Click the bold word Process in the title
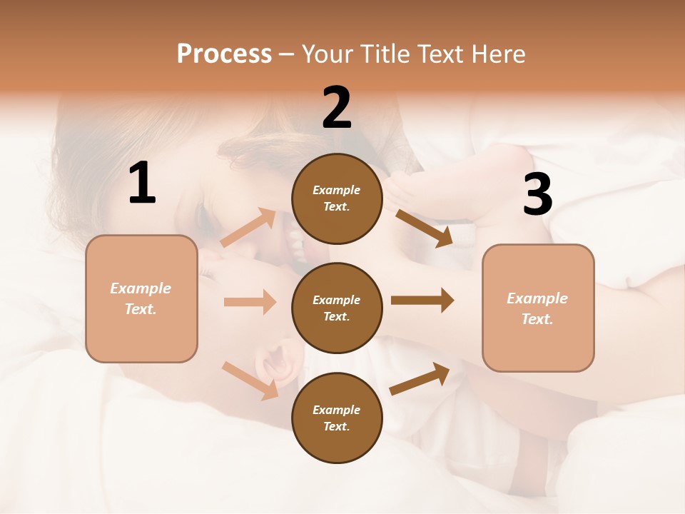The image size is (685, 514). click(x=224, y=54)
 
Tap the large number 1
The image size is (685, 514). click(x=142, y=183)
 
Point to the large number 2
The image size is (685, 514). click(x=337, y=108)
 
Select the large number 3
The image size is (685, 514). click(x=538, y=195)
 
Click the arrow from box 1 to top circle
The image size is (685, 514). click(x=248, y=228)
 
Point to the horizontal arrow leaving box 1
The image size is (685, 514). click(x=249, y=302)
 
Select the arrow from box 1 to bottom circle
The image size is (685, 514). click(x=250, y=380)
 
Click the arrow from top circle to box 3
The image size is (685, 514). click(x=424, y=228)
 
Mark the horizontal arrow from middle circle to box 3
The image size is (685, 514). click(x=422, y=301)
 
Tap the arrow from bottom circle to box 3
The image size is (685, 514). click(x=420, y=379)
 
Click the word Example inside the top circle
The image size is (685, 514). click(x=337, y=190)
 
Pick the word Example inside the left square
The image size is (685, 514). click(x=141, y=288)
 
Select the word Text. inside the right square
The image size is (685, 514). click(x=537, y=319)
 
